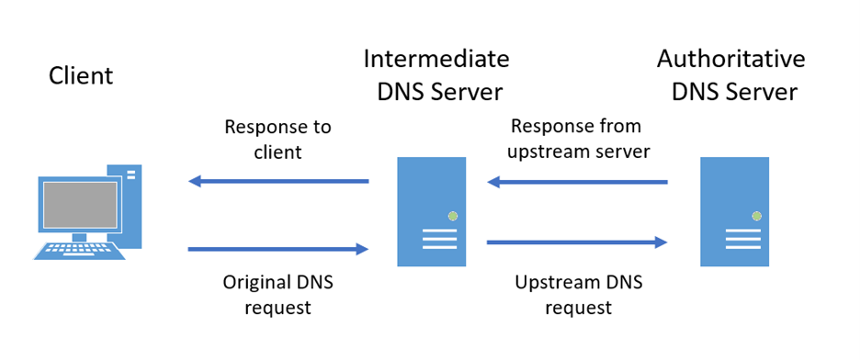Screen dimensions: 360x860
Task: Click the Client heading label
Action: point(81,75)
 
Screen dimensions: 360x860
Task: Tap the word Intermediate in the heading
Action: point(436,60)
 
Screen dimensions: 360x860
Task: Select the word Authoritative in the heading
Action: point(730,60)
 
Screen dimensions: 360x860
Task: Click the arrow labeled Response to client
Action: point(278,181)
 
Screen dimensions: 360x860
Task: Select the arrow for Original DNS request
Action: point(278,248)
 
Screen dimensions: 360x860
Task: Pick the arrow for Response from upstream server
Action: point(577,182)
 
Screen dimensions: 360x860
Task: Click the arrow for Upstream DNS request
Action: point(577,242)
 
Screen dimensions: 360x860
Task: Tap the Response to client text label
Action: point(277,138)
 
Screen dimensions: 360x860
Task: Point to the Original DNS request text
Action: point(277,295)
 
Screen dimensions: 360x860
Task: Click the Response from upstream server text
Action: point(576,138)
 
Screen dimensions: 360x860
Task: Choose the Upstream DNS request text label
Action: point(576,295)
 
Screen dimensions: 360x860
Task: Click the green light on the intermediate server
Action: point(452,216)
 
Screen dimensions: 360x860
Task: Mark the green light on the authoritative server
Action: point(756,216)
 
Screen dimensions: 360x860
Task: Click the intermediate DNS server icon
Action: point(431,211)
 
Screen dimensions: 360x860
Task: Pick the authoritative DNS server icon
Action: point(734,211)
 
